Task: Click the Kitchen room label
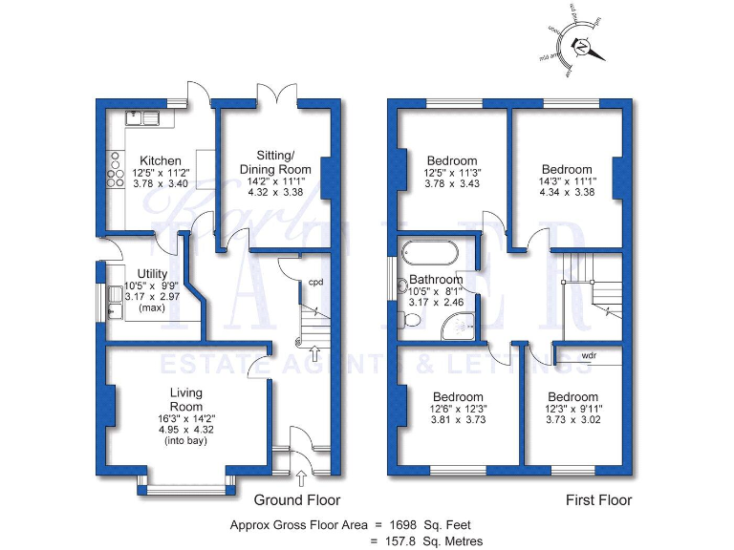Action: pyautogui.click(x=160, y=159)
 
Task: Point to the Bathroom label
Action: pyautogui.click(x=436, y=280)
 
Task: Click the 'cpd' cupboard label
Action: pyautogui.click(x=314, y=282)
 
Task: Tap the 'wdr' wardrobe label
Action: pyautogui.click(x=591, y=356)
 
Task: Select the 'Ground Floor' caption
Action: pyautogui.click(x=296, y=499)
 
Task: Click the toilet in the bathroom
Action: pyautogui.click(x=412, y=322)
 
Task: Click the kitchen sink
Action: pyautogui.click(x=148, y=119)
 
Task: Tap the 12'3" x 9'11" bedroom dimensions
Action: pyautogui.click(x=573, y=411)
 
